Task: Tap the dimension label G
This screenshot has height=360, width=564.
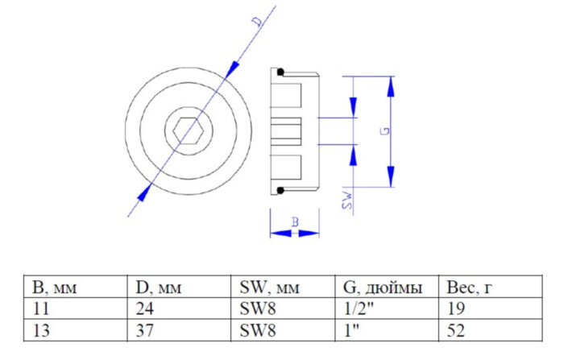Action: (x=386, y=130)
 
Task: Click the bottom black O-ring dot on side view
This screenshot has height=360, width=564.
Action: (x=279, y=189)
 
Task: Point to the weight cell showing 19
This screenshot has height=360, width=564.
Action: (x=454, y=308)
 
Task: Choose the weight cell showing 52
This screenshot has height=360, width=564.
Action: (x=454, y=329)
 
